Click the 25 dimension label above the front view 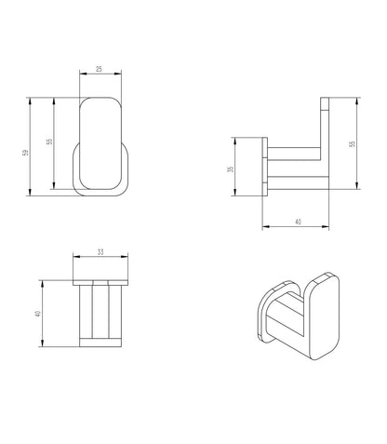(x=99, y=69)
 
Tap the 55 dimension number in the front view (x=49, y=141)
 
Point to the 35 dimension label (x=231, y=169)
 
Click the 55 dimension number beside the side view (x=352, y=144)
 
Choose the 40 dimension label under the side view (x=298, y=222)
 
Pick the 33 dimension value (x=100, y=252)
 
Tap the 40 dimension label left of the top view (x=38, y=314)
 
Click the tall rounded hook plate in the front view (x=100, y=143)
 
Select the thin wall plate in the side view (x=265, y=167)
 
